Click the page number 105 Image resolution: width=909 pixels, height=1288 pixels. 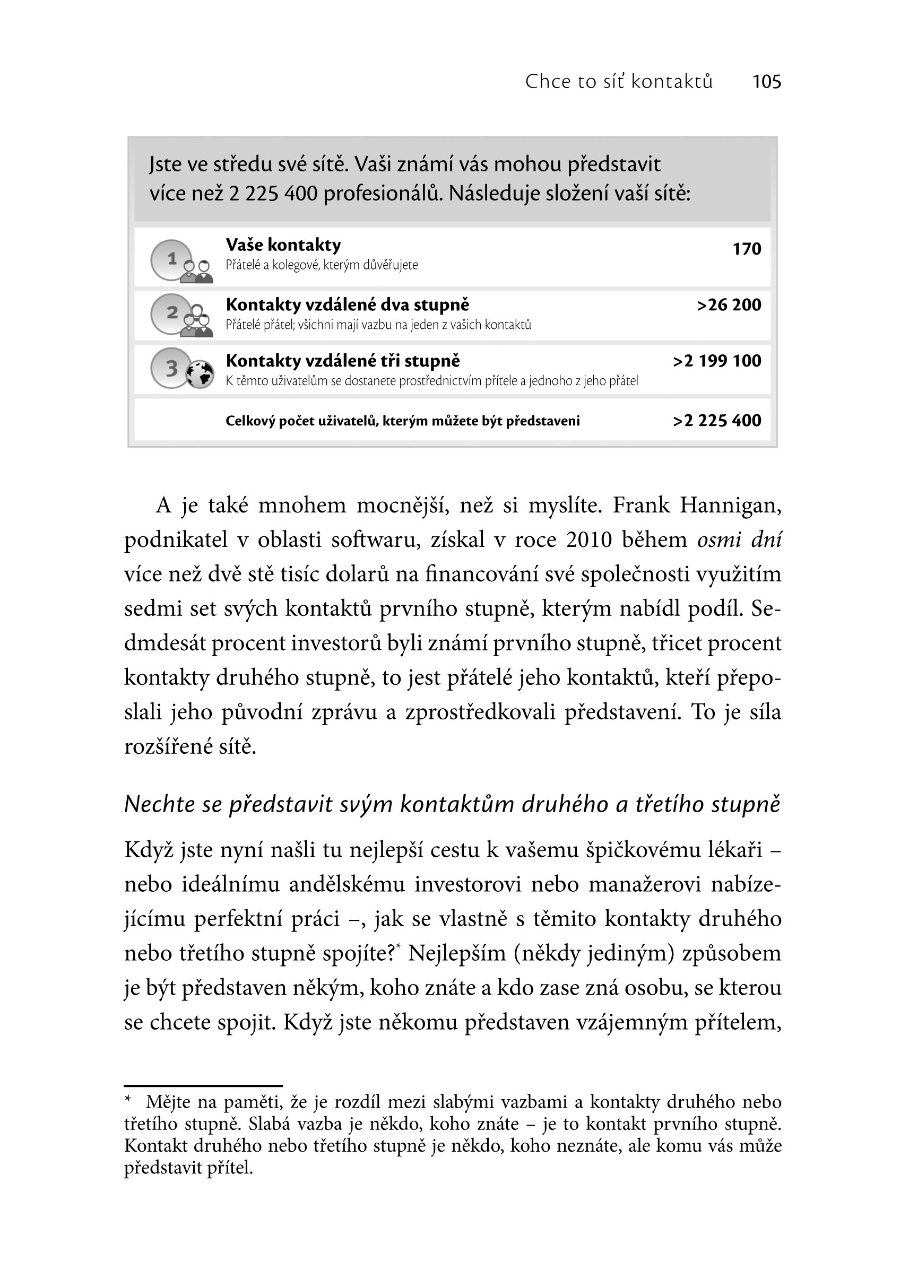coord(766,82)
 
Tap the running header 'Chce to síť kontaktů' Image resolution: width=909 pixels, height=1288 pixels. coord(618,82)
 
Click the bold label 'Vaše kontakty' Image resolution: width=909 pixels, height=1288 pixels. coord(283,245)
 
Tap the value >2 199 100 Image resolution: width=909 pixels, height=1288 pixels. coord(716,361)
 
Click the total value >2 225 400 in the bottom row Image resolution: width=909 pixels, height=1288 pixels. coord(716,421)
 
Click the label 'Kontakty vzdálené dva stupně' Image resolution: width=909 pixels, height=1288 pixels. coord(348,305)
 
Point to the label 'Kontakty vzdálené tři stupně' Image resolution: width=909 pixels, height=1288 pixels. coord(342,361)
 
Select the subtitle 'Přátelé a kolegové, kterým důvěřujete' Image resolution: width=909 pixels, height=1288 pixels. coord(322,265)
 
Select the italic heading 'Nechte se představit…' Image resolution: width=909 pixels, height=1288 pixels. coord(452,804)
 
